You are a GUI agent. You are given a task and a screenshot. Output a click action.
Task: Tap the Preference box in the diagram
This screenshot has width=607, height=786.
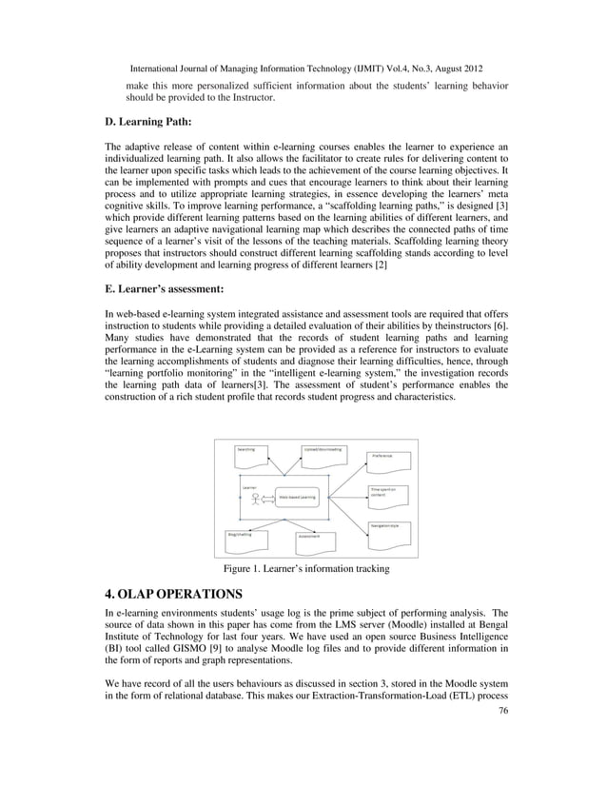(389, 461)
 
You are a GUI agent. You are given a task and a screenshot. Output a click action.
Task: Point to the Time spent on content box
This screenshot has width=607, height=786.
(388, 494)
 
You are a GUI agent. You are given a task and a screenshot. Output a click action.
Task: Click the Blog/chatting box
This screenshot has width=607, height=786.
(244, 537)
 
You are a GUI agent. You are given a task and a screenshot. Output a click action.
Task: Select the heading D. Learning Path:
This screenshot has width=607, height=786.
(147, 122)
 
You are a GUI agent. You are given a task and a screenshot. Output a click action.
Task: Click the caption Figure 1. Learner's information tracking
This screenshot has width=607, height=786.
(305, 569)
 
